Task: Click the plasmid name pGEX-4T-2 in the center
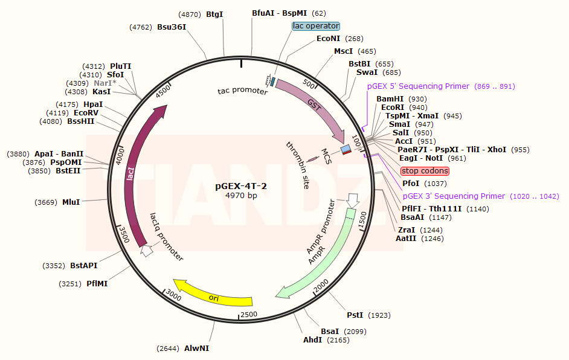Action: tap(241, 185)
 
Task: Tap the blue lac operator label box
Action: tap(316, 26)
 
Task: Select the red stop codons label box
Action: tap(425, 171)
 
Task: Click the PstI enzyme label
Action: tap(355, 315)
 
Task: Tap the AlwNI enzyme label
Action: tap(196, 349)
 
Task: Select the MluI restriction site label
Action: tap(71, 202)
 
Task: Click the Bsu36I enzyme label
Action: tap(172, 27)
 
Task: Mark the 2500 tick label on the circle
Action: tap(248, 315)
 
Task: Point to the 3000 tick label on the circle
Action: tap(173, 294)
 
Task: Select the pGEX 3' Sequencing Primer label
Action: tap(454, 196)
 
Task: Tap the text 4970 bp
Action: tap(241, 195)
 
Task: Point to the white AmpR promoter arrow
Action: tap(352, 201)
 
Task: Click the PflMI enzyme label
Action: tap(97, 283)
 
